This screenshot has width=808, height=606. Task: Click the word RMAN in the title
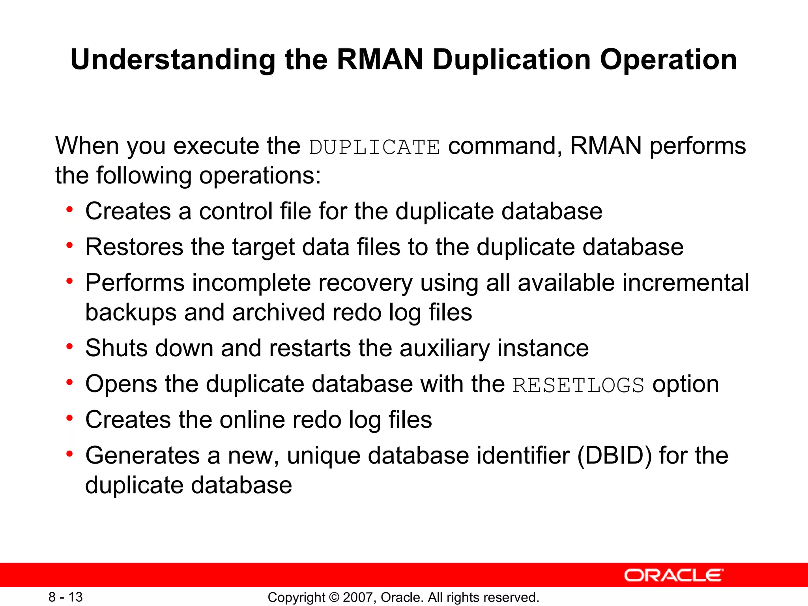click(x=380, y=60)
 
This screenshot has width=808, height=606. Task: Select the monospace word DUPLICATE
click(x=374, y=147)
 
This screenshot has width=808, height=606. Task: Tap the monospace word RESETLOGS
click(x=578, y=385)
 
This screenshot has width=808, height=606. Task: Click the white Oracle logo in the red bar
click(x=673, y=575)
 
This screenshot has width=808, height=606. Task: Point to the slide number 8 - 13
click(x=65, y=597)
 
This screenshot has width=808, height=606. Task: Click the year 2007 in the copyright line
click(x=359, y=597)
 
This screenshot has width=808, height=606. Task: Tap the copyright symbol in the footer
click(x=334, y=597)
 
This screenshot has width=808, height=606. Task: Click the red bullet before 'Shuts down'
click(x=70, y=347)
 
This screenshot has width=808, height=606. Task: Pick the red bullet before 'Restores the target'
click(x=70, y=245)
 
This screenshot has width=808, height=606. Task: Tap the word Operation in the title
click(x=668, y=60)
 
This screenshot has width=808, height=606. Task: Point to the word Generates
click(x=142, y=455)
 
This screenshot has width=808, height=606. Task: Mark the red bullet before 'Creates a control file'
click(x=70, y=209)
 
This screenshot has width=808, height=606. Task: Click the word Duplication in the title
click(x=512, y=60)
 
